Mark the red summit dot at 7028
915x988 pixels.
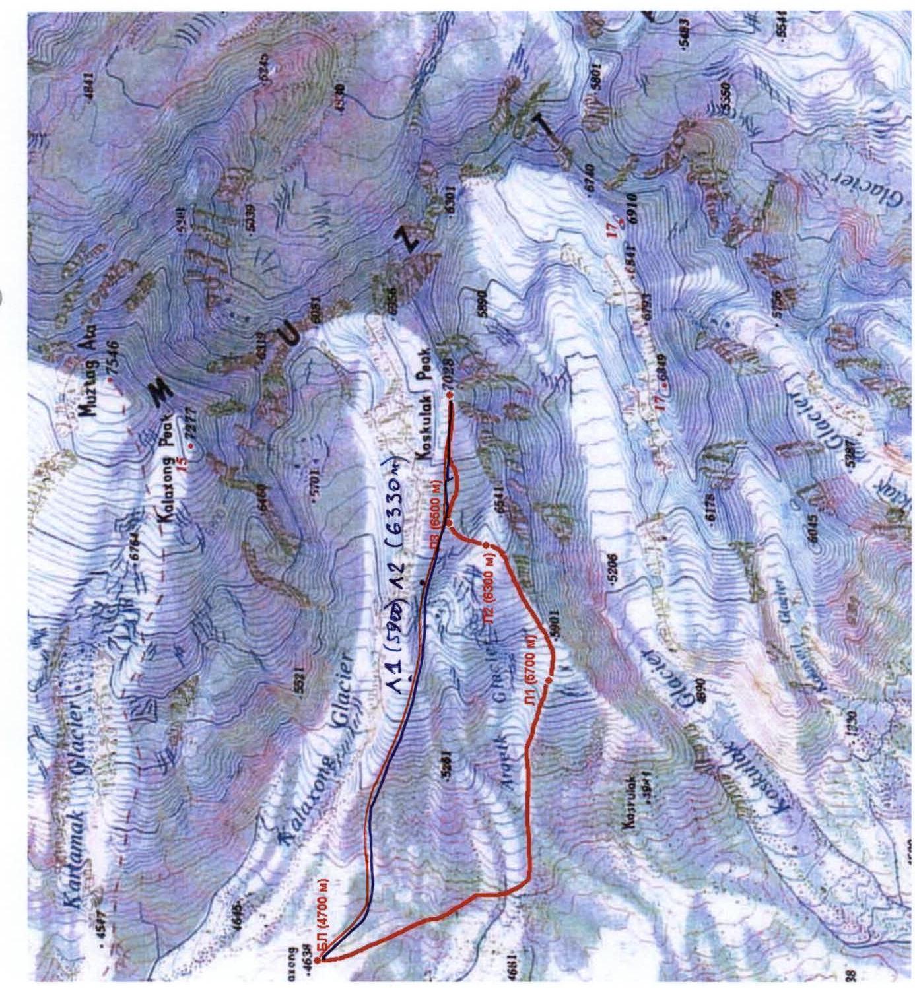click(450, 395)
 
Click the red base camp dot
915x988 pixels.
click(318, 960)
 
